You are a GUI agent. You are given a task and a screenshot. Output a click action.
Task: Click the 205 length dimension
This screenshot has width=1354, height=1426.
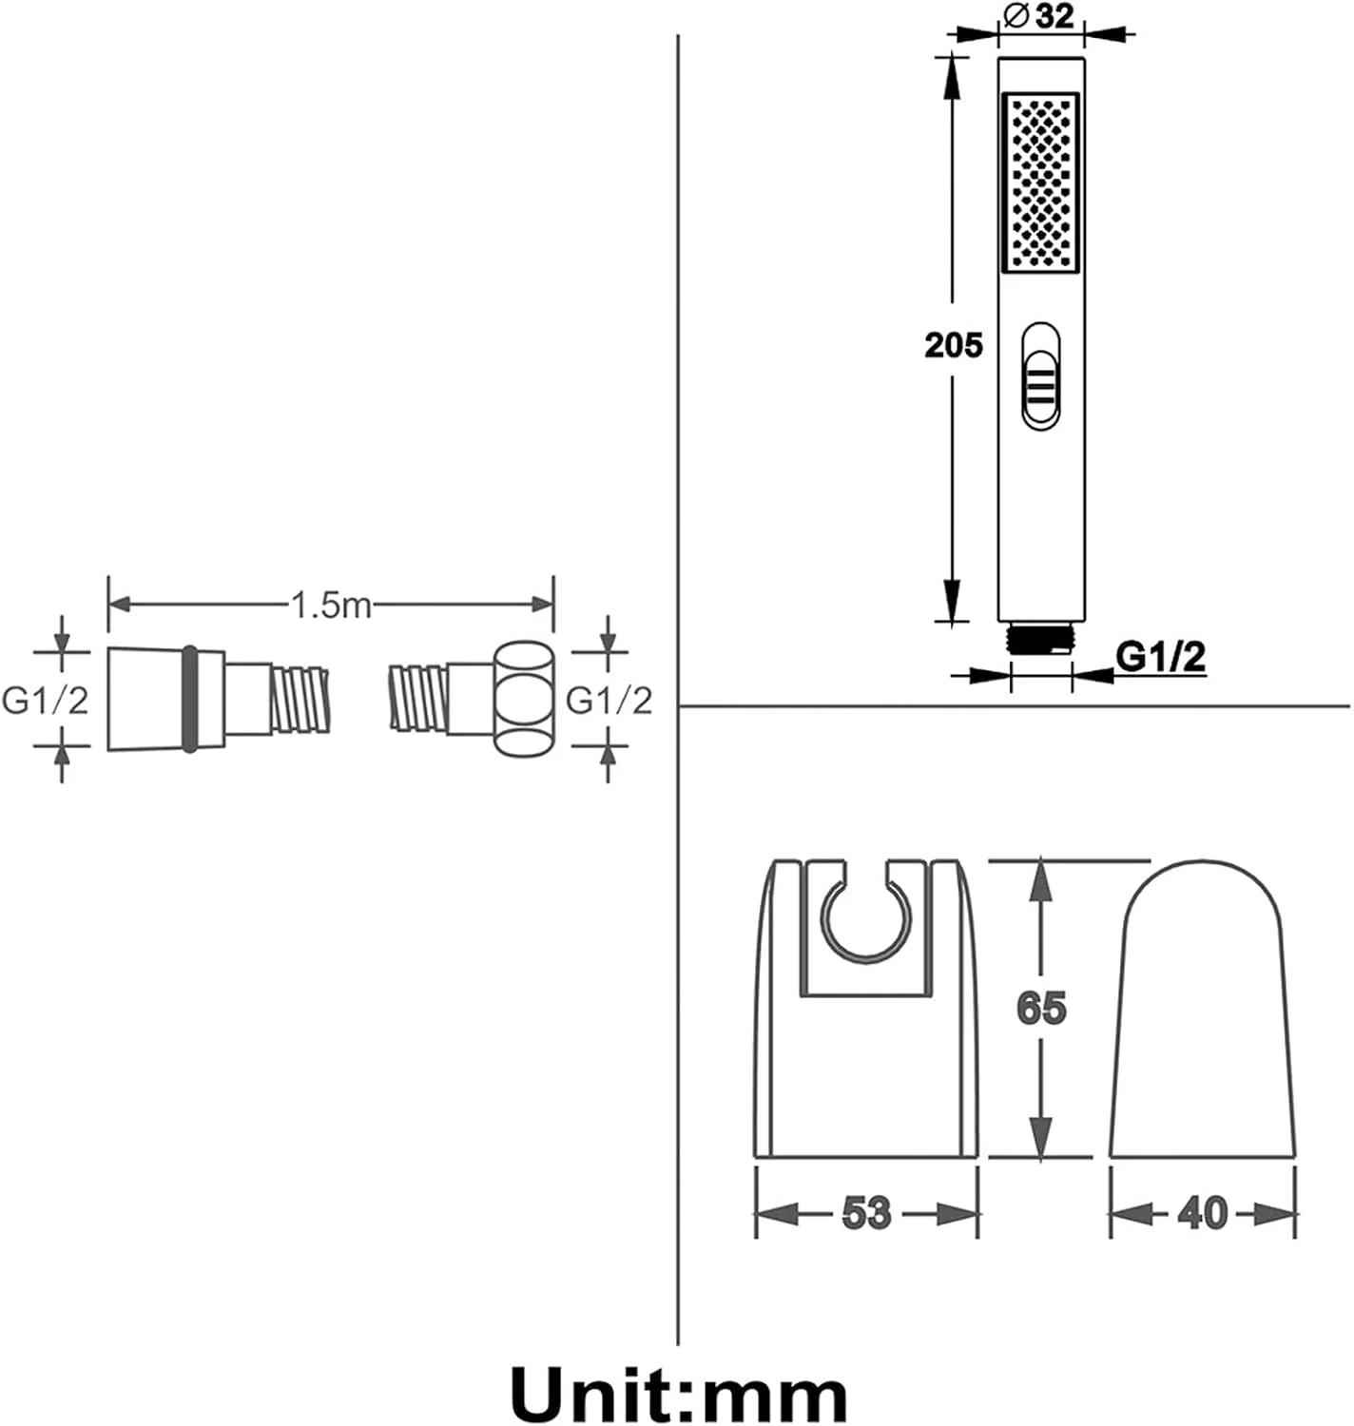[953, 345]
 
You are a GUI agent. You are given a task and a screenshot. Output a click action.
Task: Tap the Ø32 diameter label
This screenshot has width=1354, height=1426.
[1040, 16]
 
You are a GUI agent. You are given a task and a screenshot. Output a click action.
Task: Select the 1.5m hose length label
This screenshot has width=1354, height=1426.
[331, 605]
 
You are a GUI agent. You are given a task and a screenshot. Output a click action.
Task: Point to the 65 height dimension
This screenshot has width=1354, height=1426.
[1041, 1008]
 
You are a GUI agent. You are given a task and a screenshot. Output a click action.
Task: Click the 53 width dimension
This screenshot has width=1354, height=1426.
[866, 1211]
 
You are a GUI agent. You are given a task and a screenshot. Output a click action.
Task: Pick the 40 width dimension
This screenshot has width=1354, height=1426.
[1203, 1211]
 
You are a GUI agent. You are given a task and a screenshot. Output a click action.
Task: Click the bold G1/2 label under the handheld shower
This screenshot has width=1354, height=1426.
[1160, 656]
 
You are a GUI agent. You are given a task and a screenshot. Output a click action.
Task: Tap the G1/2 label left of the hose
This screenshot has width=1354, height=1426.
[45, 701]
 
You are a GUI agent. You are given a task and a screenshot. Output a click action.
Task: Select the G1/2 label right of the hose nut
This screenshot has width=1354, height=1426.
[609, 701]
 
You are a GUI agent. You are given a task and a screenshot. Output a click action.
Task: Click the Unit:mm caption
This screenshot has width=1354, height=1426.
[679, 1394]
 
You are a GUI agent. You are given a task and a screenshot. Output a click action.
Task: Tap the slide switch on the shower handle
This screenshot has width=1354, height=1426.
[1040, 377]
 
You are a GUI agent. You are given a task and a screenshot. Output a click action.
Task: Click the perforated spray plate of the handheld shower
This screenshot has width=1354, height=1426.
[1040, 183]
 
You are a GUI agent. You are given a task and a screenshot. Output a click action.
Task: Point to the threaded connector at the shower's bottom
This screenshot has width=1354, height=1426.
[1041, 637]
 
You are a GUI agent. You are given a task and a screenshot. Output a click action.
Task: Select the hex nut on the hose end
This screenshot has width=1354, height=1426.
[523, 699]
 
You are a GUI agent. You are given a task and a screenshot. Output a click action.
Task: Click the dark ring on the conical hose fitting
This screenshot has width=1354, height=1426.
[190, 698]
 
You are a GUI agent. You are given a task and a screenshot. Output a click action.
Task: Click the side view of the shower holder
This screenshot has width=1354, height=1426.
[1203, 1009]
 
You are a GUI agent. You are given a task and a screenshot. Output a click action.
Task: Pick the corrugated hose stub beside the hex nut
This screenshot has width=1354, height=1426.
[418, 697]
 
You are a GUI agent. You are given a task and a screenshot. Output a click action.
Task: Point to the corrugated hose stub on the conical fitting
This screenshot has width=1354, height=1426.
[300, 700]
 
